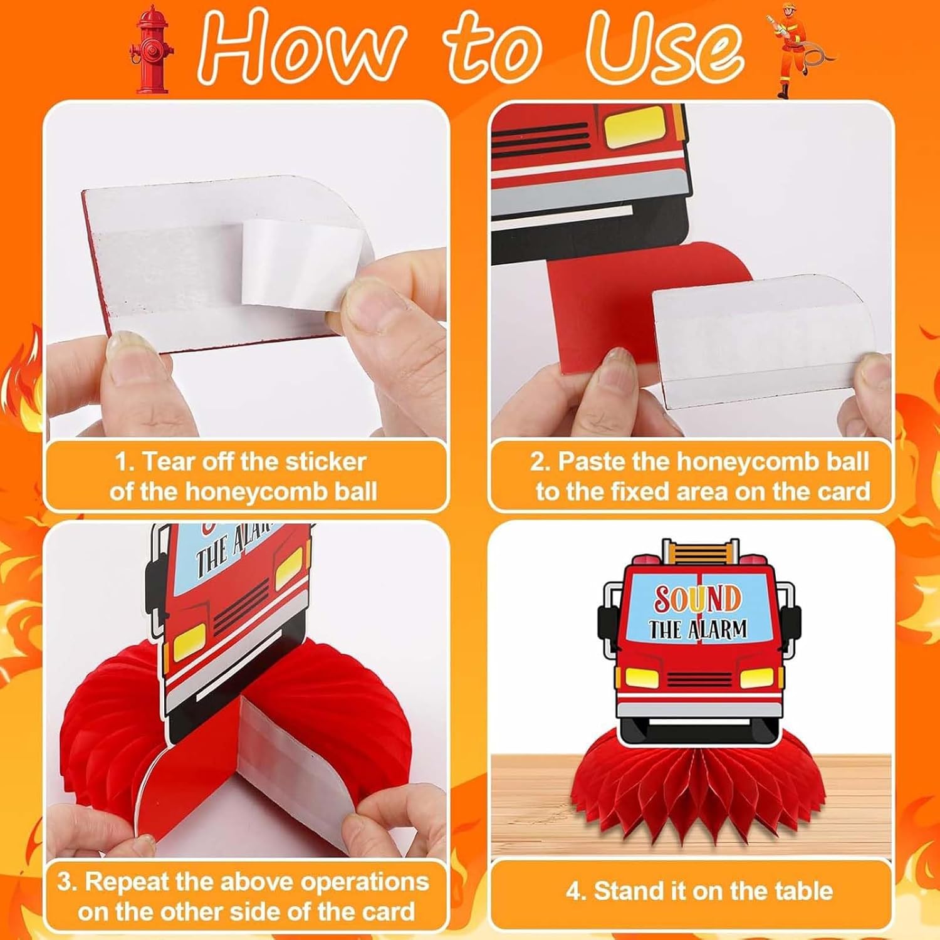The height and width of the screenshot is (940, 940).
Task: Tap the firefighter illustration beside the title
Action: tap(795, 51)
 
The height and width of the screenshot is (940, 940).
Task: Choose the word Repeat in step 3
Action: tap(127, 881)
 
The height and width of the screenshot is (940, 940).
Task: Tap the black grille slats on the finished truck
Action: tap(699, 680)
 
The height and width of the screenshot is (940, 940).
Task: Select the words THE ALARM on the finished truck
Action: tap(697, 629)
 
